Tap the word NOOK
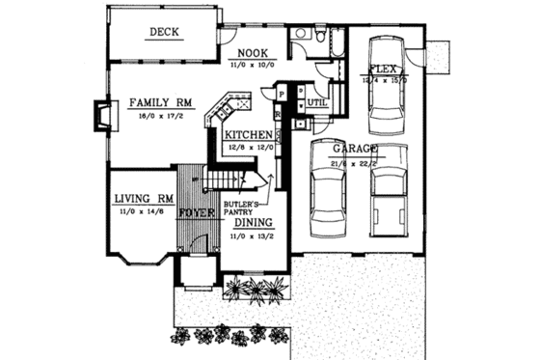[x=253, y=56]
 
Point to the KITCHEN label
[x=249, y=136]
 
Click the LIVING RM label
[x=137, y=200]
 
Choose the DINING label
[x=252, y=223]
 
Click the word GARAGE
[x=355, y=151]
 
